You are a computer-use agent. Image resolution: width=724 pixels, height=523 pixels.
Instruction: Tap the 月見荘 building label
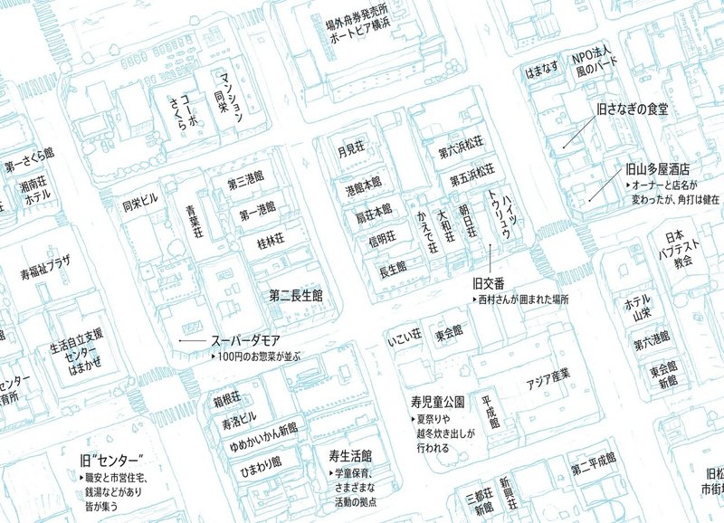(x=350, y=151)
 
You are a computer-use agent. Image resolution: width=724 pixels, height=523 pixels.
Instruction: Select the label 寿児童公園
(x=437, y=400)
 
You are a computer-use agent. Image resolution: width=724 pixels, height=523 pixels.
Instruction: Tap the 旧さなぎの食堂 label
(x=632, y=109)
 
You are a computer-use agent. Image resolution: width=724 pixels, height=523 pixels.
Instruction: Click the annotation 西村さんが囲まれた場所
(x=528, y=300)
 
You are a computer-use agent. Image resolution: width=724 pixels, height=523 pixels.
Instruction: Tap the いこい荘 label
(x=405, y=336)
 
